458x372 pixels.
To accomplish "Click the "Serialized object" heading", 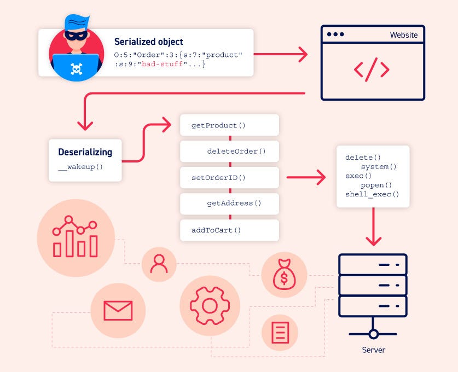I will [148, 42].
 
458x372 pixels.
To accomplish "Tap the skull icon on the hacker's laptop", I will [76, 69].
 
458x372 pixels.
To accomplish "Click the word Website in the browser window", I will [403, 35].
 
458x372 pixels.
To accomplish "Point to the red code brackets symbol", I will [372, 69].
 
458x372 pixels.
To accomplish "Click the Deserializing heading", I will [85, 152].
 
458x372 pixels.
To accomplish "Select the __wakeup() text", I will [80, 166].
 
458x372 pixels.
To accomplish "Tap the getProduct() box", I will [229, 125].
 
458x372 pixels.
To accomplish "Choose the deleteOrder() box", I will [229, 151].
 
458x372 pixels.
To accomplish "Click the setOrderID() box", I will [229, 177].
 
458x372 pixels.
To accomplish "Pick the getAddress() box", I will [229, 203].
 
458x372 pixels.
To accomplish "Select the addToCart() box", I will [229, 230].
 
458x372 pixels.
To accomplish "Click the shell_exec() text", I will [372, 194].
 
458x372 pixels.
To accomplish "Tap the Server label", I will [373, 350].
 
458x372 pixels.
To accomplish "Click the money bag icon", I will [283, 275].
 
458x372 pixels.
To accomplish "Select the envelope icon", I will [118, 310].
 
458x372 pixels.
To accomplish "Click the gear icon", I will [210, 305].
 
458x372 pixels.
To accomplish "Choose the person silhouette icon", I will [159, 264].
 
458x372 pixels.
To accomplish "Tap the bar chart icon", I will [76, 237].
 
